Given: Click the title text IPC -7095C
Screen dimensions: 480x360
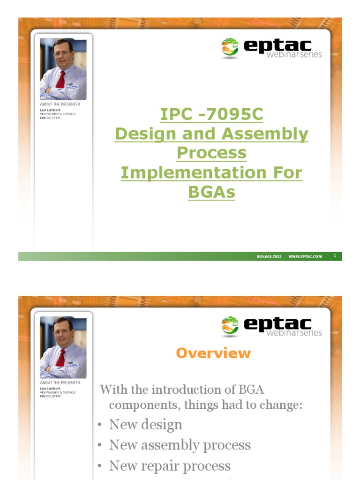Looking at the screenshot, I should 211,114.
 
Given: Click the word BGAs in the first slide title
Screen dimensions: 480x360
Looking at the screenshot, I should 211,192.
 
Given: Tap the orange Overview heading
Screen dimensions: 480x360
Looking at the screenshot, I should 213,353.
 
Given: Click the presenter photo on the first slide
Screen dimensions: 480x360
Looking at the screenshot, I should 63,69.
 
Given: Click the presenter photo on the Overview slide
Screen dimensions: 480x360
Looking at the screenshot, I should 63,347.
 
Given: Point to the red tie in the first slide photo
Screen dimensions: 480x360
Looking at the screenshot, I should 60,80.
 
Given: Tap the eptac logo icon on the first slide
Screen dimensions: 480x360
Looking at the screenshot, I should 230,48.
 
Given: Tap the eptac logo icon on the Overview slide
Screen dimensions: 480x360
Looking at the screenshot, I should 230,326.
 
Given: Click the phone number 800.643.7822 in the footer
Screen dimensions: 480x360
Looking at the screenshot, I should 269,257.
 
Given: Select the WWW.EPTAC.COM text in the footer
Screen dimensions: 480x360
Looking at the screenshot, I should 305,257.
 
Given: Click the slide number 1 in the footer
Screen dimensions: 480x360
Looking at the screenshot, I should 335,256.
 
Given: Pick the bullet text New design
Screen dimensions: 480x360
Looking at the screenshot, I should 145,425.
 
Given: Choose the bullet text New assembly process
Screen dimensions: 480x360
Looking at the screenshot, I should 180,445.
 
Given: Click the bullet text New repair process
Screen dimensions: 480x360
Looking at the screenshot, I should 170,466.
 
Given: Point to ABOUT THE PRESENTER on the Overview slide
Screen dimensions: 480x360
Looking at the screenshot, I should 60,382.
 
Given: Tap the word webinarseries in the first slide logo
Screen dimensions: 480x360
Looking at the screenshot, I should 294,54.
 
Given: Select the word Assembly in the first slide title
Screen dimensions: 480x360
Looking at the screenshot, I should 265,134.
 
